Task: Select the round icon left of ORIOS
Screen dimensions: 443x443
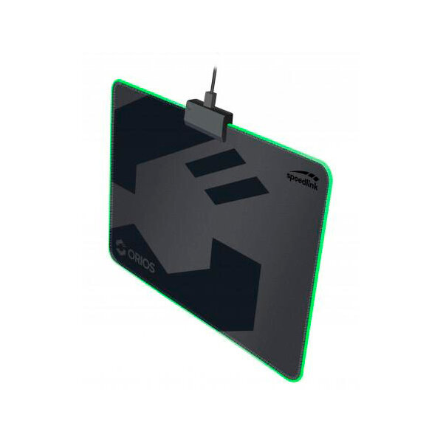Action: click(x=120, y=247)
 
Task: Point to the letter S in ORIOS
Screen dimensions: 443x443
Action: click(x=151, y=267)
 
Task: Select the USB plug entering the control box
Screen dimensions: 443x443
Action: click(x=213, y=99)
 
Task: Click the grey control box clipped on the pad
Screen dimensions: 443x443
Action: click(x=208, y=119)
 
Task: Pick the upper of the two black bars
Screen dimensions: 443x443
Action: click(x=216, y=162)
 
